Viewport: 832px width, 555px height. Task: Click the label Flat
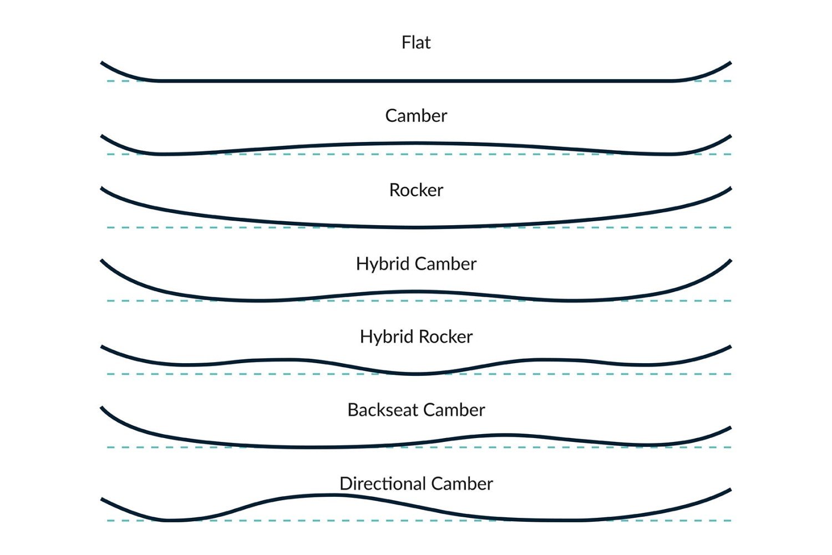(416, 43)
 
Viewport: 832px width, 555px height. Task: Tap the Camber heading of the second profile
(416, 116)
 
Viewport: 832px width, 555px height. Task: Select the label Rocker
(416, 190)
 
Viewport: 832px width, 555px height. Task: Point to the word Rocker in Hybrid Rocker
(447, 337)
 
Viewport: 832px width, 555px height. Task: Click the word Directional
(382, 483)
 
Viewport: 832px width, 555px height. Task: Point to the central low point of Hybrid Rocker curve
(417, 374)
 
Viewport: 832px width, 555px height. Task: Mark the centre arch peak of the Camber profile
(416, 144)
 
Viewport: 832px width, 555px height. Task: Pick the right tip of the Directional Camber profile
(729, 490)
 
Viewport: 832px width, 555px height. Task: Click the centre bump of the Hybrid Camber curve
(416, 292)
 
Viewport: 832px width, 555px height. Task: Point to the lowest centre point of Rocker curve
(416, 227)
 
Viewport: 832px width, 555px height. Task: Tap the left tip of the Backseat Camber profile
(103, 409)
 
